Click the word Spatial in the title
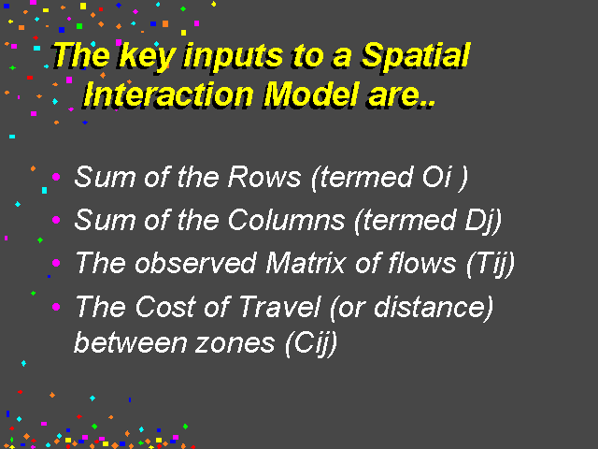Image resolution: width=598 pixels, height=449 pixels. [416, 56]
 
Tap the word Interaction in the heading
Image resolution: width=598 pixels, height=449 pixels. [168, 94]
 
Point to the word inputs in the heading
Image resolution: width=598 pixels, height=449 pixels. [234, 57]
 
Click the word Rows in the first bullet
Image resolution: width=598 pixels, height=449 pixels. [264, 177]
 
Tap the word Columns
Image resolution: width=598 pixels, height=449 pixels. [287, 221]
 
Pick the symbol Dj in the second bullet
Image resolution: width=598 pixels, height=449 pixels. [478, 222]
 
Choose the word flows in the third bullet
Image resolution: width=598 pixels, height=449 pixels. [421, 264]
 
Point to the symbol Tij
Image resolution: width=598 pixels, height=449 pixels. [491, 264]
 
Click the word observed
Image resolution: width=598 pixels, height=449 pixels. [195, 264]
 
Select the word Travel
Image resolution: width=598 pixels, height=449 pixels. [280, 307]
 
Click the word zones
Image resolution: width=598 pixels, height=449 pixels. [235, 343]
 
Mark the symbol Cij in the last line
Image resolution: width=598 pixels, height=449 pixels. [311, 343]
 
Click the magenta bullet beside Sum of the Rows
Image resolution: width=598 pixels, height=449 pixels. [56, 177]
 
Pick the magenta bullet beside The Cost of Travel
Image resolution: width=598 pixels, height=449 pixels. [56, 307]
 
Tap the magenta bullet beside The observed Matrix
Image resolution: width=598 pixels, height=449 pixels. [56, 263]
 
